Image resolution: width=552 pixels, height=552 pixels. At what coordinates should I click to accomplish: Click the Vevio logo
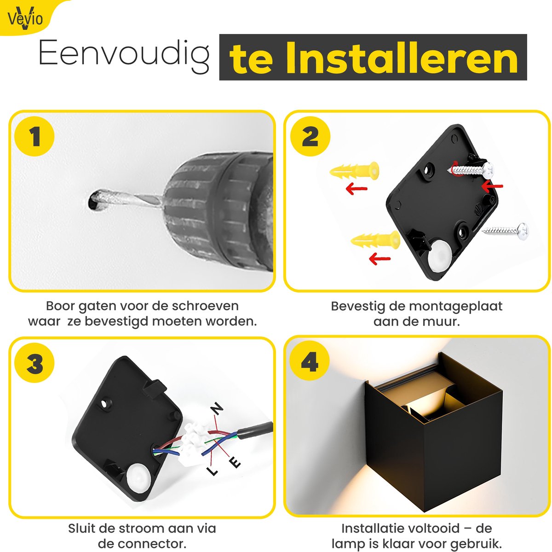point(25,18)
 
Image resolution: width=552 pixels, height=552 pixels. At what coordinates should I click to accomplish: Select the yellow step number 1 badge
point(34,136)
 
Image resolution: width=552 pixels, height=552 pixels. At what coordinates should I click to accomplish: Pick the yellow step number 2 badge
point(310,136)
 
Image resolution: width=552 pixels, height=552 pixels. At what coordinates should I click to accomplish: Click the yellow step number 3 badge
point(34,363)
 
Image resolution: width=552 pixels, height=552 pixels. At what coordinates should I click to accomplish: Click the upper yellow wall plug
point(354,171)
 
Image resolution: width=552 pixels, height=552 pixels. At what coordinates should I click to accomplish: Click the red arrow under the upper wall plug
point(356,188)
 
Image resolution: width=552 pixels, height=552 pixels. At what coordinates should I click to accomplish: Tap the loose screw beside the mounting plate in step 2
point(506,230)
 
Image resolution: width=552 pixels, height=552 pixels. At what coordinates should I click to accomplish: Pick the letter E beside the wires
point(235,462)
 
